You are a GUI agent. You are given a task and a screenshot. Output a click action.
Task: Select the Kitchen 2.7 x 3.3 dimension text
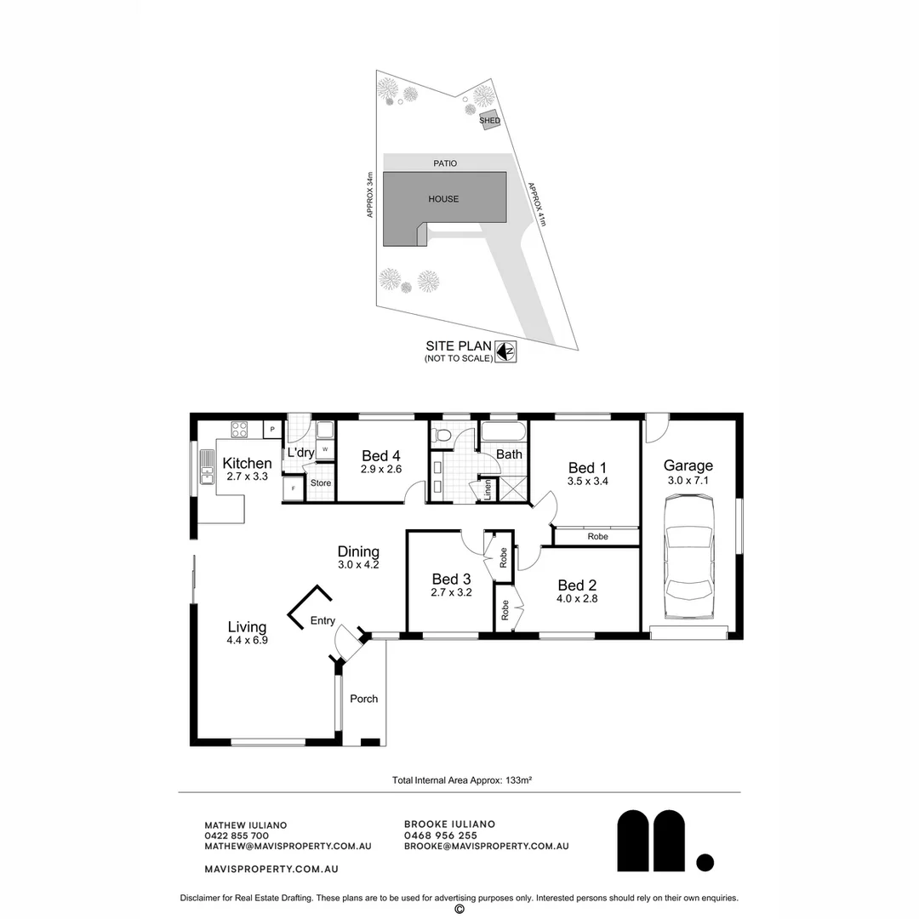pyautogui.click(x=247, y=477)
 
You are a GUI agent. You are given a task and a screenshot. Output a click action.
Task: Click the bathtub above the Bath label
pyautogui.click(x=504, y=431)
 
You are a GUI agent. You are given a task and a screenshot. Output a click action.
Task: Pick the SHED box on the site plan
pyautogui.click(x=489, y=120)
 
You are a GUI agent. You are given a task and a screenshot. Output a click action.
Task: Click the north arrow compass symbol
pyautogui.click(x=507, y=351)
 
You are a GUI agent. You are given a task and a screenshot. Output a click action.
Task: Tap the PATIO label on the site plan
pyautogui.click(x=445, y=163)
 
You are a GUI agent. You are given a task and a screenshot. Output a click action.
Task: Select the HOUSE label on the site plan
pyautogui.click(x=443, y=199)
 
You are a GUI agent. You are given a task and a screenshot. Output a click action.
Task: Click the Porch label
pyautogui.click(x=364, y=699)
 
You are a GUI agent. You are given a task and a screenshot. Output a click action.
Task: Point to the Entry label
pyautogui.click(x=323, y=620)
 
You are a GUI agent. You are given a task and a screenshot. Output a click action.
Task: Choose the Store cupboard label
pyautogui.click(x=320, y=483)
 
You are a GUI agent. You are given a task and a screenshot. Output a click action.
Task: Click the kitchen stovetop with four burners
pyautogui.click(x=240, y=430)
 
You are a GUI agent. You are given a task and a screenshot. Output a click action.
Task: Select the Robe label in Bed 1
pyautogui.click(x=597, y=537)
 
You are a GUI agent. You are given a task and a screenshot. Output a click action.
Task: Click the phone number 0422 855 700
pyautogui.click(x=237, y=836)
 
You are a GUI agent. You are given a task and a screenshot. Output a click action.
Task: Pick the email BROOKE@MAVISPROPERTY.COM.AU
pyautogui.click(x=486, y=847)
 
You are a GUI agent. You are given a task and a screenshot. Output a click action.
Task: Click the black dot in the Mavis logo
pyautogui.click(x=705, y=862)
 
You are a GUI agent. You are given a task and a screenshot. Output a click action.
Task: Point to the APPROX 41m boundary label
pyautogui.click(x=536, y=205)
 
